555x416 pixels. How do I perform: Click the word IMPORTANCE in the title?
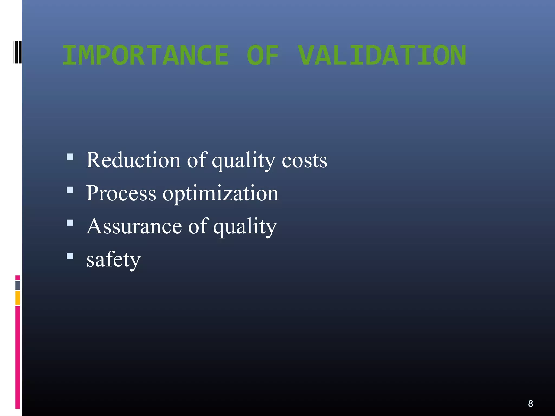pos(146,56)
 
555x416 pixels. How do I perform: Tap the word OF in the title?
pos(263,56)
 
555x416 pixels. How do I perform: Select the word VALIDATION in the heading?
pos(382,56)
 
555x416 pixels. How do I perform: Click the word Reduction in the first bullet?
pos(133,160)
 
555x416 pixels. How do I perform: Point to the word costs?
pos(304,161)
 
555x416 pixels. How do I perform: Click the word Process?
pos(121,193)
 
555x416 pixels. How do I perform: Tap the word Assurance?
pos(134,226)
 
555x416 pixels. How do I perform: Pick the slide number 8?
pos(530,404)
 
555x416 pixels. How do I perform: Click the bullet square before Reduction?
pos(70,157)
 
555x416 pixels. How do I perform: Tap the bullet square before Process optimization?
pos(70,190)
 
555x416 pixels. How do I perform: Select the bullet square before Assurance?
pos(70,223)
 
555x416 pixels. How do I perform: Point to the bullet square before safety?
pos(70,256)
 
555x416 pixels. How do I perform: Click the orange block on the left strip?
pos(18,298)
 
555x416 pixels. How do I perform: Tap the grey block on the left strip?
pos(18,285)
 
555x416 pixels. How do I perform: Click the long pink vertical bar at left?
pos(18,357)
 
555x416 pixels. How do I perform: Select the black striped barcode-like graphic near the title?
pos(17,52)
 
